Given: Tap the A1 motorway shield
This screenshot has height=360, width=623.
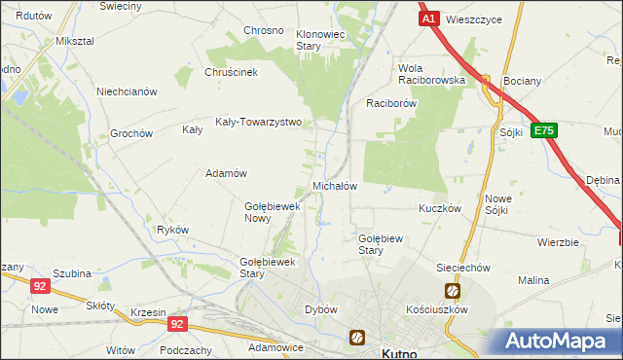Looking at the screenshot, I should pos(429,18).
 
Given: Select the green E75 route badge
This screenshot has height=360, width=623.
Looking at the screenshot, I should pos(544,129).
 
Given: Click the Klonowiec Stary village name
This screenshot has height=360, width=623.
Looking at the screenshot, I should pos(321,39).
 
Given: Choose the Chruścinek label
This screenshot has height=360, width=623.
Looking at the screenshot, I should pos(230,72).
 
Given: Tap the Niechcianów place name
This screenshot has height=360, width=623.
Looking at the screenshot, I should pos(127,91).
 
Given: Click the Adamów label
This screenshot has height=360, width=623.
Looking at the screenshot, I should pos(224,173).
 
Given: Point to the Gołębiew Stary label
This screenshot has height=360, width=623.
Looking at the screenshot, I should pos(384,243).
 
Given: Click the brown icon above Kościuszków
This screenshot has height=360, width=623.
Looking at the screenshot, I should pos(453,290).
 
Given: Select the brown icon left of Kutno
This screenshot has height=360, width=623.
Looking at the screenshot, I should pos(357,338).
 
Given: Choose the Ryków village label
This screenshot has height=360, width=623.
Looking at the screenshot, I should pos(172,230).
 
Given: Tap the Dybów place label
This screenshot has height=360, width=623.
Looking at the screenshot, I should pos(321,309).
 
